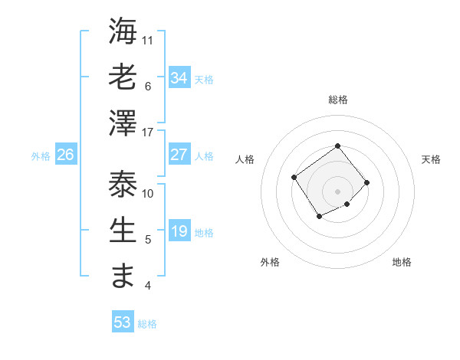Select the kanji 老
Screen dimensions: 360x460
click(x=123, y=77)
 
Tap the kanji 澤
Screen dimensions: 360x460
click(x=123, y=123)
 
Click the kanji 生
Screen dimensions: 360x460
click(x=123, y=231)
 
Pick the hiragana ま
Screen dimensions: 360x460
click(x=123, y=277)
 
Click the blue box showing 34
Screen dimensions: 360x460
click(x=179, y=77)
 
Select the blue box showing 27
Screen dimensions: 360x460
click(x=179, y=154)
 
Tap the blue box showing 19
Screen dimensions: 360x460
click(x=179, y=231)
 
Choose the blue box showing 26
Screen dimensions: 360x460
click(x=66, y=155)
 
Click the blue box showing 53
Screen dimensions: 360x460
click(x=122, y=322)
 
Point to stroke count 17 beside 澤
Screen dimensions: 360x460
click(x=149, y=133)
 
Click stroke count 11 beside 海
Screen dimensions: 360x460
click(x=149, y=40)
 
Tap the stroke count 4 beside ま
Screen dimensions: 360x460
click(x=148, y=286)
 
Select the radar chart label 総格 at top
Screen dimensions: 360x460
click(x=337, y=100)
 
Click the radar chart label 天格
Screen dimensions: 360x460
click(x=431, y=159)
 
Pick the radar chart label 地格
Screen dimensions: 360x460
click(x=402, y=262)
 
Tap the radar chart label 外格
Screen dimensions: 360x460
click(x=270, y=262)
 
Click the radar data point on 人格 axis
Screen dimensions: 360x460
click(x=294, y=178)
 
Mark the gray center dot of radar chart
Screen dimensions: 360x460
click(x=337, y=191)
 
